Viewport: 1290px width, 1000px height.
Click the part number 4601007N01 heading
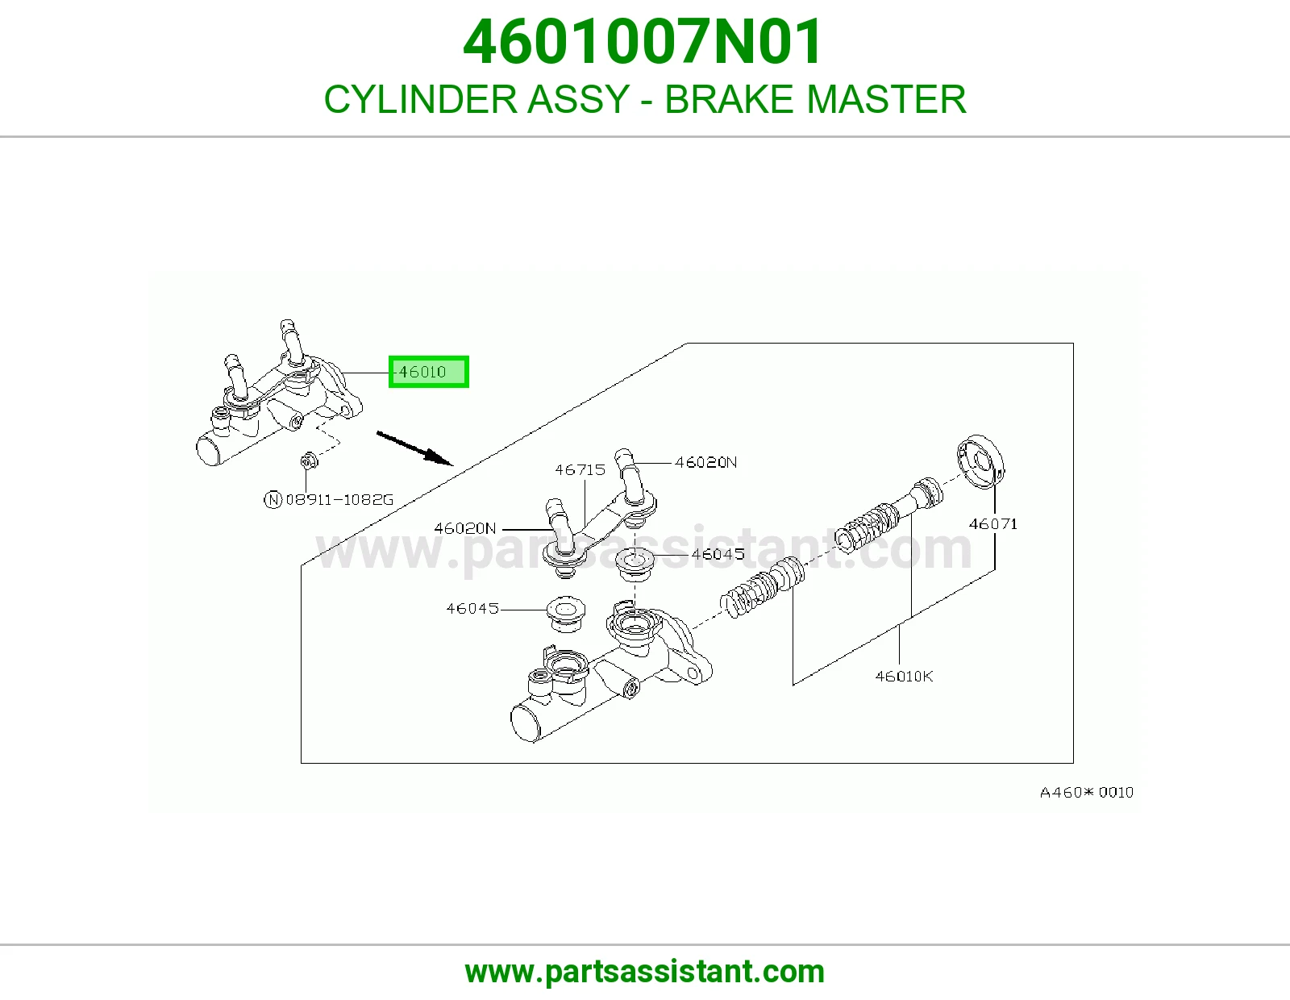pos(643,42)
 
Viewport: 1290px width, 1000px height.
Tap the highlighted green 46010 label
pos(429,372)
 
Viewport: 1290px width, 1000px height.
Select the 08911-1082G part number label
pos(339,499)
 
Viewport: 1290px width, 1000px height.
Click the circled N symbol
pos(273,499)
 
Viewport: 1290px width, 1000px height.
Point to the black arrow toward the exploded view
pos(414,448)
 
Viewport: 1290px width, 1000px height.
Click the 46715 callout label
pos(580,469)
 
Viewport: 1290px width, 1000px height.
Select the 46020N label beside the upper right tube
pos(705,462)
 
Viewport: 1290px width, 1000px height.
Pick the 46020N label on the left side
pos(465,528)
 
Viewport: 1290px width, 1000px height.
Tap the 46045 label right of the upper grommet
pos(718,554)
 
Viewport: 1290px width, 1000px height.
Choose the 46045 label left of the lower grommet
pos(472,609)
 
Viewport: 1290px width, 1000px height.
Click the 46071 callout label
pos(993,523)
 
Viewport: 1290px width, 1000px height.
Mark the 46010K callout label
pos(904,677)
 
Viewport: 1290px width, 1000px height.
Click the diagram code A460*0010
pos(1086,792)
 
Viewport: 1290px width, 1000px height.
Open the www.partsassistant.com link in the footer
pos(645,972)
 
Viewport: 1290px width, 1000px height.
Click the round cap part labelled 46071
pos(980,462)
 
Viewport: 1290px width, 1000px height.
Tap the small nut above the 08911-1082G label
pos(309,460)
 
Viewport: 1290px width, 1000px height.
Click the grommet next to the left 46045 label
pos(566,614)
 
